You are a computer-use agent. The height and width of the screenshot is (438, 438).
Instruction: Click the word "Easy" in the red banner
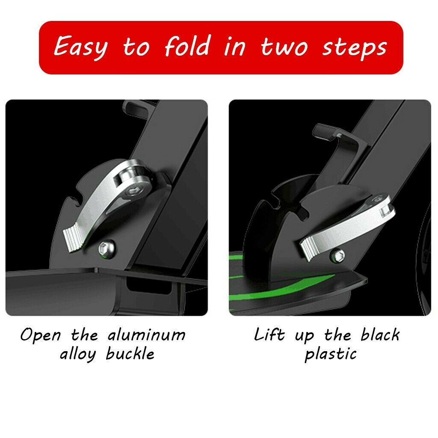tap(81, 47)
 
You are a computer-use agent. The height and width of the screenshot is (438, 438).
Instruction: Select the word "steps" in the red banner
tap(355, 47)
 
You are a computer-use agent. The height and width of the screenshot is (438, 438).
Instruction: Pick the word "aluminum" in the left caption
tap(147, 334)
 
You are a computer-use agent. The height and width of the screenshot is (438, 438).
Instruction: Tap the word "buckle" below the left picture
tap(130, 353)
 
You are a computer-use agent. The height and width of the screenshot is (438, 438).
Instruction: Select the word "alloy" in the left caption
tap(78, 355)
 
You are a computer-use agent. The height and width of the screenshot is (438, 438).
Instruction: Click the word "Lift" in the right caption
tap(269, 334)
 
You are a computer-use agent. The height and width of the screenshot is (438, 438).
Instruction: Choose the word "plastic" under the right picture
tap(331, 354)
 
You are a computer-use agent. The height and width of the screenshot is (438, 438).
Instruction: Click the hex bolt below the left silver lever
tap(107, 248)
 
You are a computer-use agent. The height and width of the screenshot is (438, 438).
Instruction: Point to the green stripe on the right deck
tap(282, 288)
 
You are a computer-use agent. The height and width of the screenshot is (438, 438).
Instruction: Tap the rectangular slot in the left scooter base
tap(148, 285)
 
